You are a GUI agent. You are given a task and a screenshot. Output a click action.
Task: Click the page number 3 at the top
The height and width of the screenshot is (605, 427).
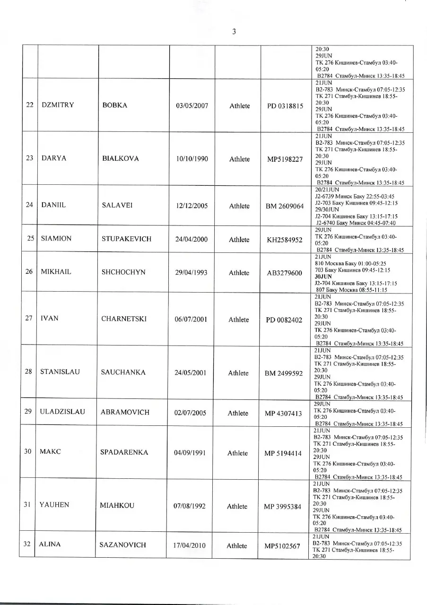234,32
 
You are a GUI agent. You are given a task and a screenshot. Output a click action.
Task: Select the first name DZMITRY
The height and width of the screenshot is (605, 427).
58,105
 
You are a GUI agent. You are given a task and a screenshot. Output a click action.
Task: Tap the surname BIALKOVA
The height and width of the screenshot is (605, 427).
121,159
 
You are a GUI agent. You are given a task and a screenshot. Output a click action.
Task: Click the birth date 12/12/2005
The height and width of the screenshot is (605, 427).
192,206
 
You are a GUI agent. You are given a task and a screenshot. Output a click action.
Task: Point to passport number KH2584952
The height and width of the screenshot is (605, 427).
285,240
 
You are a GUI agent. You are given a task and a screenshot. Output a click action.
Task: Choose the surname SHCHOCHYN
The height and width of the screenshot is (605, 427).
123,272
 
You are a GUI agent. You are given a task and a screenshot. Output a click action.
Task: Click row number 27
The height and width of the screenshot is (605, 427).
29,318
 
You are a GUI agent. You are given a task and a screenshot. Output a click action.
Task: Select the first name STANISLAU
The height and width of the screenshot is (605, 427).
60,372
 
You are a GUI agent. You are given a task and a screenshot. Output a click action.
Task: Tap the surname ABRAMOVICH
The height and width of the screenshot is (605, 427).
125,412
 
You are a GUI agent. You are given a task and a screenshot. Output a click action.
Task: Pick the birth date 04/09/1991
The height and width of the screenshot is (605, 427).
190,452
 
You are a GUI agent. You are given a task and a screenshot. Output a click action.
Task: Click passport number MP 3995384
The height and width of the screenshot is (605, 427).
283,507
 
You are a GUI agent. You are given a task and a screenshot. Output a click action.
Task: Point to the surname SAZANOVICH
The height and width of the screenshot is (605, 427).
122,545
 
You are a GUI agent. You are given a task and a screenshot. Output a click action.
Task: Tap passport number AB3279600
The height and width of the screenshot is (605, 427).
285,273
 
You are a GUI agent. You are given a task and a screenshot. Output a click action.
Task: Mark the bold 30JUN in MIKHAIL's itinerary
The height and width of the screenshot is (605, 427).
323,277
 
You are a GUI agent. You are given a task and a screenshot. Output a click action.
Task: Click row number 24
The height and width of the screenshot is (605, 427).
29,205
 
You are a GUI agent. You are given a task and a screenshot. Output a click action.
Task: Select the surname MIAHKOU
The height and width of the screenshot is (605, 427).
117,505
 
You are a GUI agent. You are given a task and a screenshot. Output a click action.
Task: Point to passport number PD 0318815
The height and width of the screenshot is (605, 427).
285,106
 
